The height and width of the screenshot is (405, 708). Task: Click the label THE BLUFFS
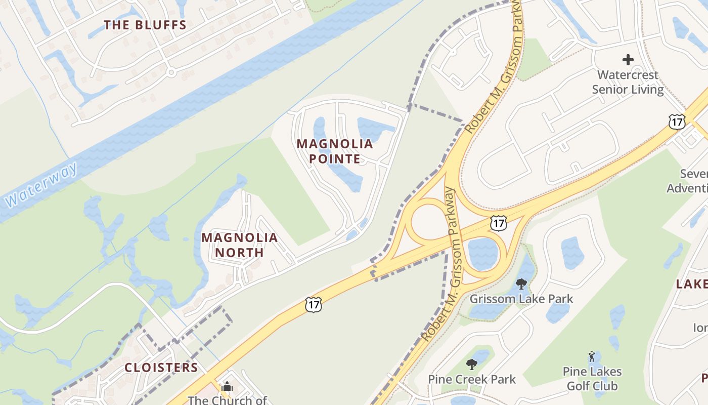coord(145,25)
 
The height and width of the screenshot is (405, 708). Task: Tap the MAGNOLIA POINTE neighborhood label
coord(335,151)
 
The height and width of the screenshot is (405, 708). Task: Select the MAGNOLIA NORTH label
coord(240,245)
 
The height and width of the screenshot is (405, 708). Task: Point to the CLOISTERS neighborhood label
coord(161,368)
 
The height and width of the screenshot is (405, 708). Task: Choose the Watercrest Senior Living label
coord(628,82)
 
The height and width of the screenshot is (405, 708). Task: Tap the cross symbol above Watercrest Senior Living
coord(628,60)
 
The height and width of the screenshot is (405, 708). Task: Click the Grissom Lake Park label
coord(521,299)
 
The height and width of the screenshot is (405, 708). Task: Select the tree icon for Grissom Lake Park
coord(521,283)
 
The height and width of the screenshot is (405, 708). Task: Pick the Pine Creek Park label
coord(472,379)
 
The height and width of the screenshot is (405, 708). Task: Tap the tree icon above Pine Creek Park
coord(472,364)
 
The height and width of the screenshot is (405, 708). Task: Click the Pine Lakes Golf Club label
coord(592,379)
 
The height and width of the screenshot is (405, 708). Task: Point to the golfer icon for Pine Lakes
coord(592,356)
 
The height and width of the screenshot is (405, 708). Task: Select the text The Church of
coord(227,400)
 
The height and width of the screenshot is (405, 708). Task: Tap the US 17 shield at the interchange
coord(499,223)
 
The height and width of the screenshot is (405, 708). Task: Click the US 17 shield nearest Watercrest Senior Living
coord(676,121)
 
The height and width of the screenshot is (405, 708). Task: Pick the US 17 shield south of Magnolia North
coord(313,305)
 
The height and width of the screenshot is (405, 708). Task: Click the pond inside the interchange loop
coord(482,253)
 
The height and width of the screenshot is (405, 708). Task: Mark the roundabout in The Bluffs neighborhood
coord(171,72)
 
